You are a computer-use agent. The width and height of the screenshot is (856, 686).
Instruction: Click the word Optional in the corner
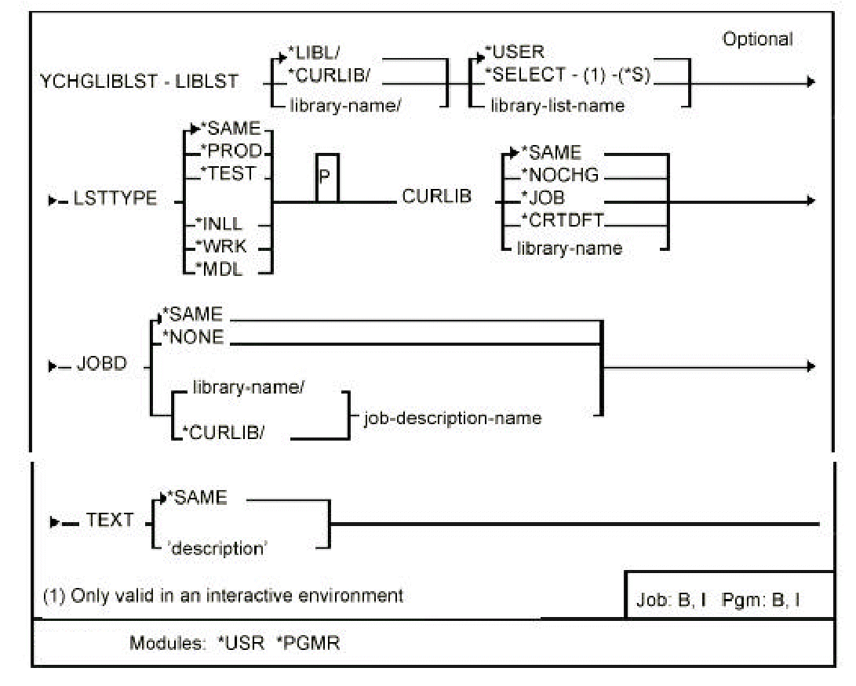[759, 39]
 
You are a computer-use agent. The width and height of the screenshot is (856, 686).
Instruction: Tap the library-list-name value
[559, 105]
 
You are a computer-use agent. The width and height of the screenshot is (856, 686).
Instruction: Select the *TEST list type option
[232, 173]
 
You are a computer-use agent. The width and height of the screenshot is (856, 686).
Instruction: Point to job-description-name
[453, 417]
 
